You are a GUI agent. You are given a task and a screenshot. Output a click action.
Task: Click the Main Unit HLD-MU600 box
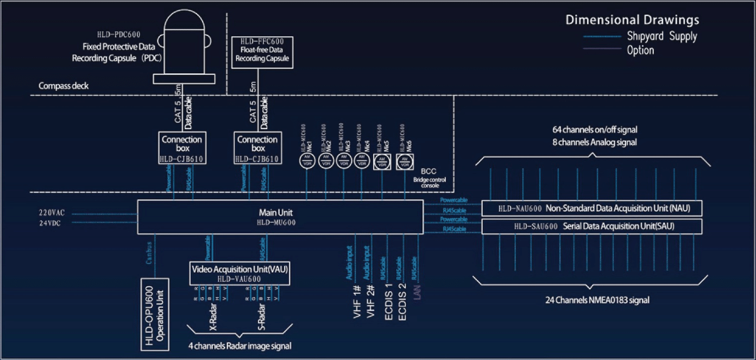tap(280, 217)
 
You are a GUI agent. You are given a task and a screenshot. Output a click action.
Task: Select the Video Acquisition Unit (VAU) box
tap(239, 273)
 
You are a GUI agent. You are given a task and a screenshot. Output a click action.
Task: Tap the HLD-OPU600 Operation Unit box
tap(156, 315)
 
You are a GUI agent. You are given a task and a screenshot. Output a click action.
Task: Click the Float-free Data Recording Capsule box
tap(262, 53)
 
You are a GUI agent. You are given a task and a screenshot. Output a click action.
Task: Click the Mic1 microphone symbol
tap(307, 161)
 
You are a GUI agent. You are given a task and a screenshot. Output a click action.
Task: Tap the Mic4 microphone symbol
tap(361, 161)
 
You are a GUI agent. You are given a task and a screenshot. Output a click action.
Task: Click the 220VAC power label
tap(52, 213)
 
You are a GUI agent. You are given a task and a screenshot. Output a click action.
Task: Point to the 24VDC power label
tap(51, 222)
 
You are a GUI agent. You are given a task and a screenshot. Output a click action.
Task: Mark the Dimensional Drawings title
tap(632, 21)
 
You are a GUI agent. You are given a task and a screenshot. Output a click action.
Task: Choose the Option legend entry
tap(640, 50)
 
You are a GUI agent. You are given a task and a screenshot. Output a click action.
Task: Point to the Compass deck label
tap(64, 86)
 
